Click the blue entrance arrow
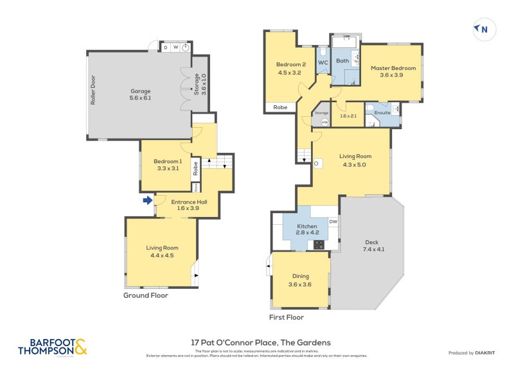click(147, 200)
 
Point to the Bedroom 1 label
click(167, 165)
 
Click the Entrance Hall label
click(188, 204)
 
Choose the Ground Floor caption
click(145, 296)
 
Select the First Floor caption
click(286, 317)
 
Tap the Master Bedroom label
click(393, 71)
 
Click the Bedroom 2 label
click(291, 68)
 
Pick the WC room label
click(323, 62)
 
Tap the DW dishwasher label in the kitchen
click(332, 222)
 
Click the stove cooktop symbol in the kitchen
click(319, 244)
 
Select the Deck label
click(373, 245)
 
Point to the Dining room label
click(299, 280)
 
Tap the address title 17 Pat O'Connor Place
click(261, 343)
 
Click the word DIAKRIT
click(487, 353)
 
